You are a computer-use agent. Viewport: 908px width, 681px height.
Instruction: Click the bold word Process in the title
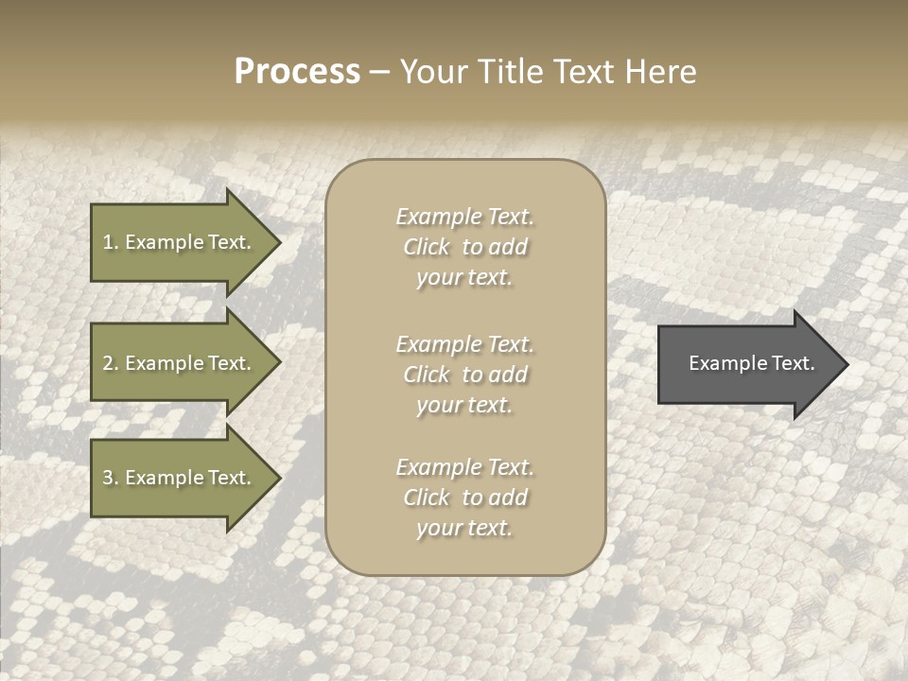(297, 72)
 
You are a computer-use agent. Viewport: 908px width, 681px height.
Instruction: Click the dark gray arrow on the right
(747, 363)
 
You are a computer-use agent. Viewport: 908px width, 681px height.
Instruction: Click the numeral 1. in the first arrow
(110, 242)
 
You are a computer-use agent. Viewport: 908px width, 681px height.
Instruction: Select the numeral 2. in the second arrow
(110, 363)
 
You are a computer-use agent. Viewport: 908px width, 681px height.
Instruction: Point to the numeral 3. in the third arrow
(110, 478)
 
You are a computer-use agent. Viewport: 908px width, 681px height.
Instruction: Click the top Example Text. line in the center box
(464, 217)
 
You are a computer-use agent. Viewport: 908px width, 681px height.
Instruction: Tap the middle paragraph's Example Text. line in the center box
(464, 343)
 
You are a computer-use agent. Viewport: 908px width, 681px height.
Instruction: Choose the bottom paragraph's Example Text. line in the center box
(464, 467)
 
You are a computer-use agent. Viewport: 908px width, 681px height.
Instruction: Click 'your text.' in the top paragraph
(464, 278)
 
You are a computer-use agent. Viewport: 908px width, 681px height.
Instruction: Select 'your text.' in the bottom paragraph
(464, 528)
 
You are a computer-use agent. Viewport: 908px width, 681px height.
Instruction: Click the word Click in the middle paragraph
(427, 375)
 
